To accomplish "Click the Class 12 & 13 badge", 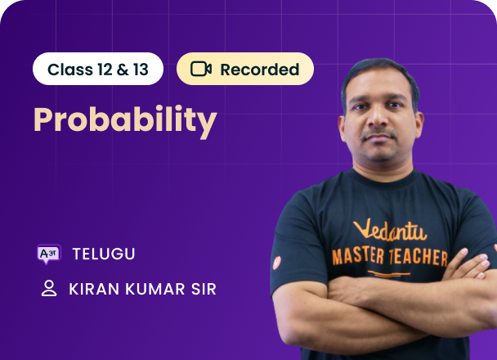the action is click(x=98, y=69).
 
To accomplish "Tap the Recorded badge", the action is click(x=245, y=69).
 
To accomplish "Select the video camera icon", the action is click(x=201, y=70).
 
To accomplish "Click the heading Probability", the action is click(x=125, y=120).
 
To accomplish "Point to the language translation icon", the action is click(x=49, y=254).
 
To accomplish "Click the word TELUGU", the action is click(x=104, y=254).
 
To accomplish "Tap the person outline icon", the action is click(x=49, y=288).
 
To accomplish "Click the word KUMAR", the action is click(x=155, y=289).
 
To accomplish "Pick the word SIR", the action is click(x=204, y=289).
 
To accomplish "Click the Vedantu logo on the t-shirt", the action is click(x=390, y=230).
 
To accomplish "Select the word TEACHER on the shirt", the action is click(x=419, y=257).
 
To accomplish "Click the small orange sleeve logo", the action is click(x=277, y=263).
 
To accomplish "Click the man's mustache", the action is click(x=378, y=133).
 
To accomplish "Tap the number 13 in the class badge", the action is click(x=141, y=70).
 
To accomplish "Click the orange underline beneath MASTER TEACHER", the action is click(x=389, y=274).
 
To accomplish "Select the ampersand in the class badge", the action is click(x=123, y=70).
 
